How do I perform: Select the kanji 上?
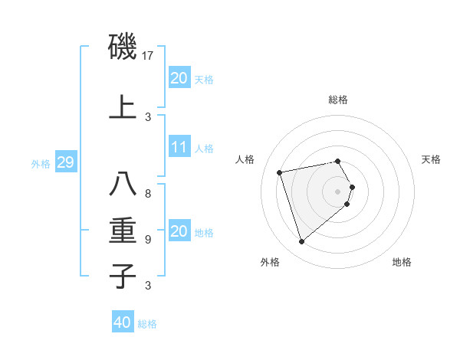123,106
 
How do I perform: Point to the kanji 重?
123,229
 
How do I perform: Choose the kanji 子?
123,275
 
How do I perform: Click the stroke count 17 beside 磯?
149,55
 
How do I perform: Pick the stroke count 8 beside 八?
148,193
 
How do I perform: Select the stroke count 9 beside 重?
148,239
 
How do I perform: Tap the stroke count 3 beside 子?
148,286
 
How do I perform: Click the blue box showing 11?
179,147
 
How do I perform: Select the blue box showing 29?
65,162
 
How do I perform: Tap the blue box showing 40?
122,322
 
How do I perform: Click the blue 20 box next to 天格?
179,77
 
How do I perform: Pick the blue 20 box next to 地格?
179,231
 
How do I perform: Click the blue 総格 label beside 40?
147,324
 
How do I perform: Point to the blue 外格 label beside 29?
41,163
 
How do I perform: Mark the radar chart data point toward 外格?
301,242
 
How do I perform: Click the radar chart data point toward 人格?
280,172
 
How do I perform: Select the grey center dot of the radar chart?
337,191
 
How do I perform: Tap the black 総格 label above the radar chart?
338,100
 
